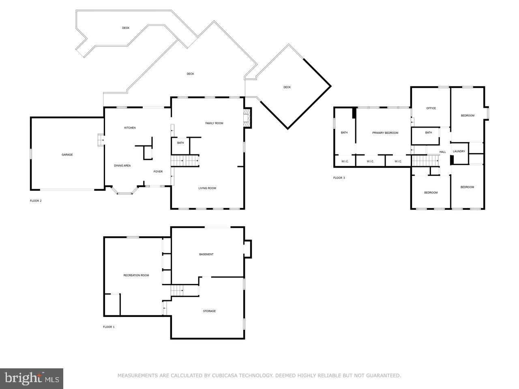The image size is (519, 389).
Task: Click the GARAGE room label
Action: pos(67,155)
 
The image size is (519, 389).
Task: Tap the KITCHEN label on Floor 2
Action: pos(130,128)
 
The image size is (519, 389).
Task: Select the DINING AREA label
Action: pos(122,166)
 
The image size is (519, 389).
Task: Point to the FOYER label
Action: pos(158,172)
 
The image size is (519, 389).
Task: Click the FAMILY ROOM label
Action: pos(214,123)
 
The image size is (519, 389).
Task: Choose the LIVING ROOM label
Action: pos(207,188)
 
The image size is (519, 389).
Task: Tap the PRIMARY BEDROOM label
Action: pos(385,133)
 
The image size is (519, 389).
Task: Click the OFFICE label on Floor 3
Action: pos(431,108)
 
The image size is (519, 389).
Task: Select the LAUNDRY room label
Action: pos(459,152)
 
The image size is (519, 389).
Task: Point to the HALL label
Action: pos(442,152)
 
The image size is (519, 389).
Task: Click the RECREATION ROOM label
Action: pos(136,276)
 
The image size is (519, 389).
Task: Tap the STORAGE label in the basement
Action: pos(209,311)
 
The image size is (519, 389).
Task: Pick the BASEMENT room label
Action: pos(206,254)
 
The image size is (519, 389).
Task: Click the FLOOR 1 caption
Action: pos(109,327)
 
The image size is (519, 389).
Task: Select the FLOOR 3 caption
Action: pos(339,178)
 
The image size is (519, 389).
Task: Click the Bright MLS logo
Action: pos(32,378)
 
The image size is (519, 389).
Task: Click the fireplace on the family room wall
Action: pos(247,118)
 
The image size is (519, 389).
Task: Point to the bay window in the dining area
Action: pos(125,191)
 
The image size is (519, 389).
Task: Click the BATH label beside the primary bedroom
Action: pos(344,133)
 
